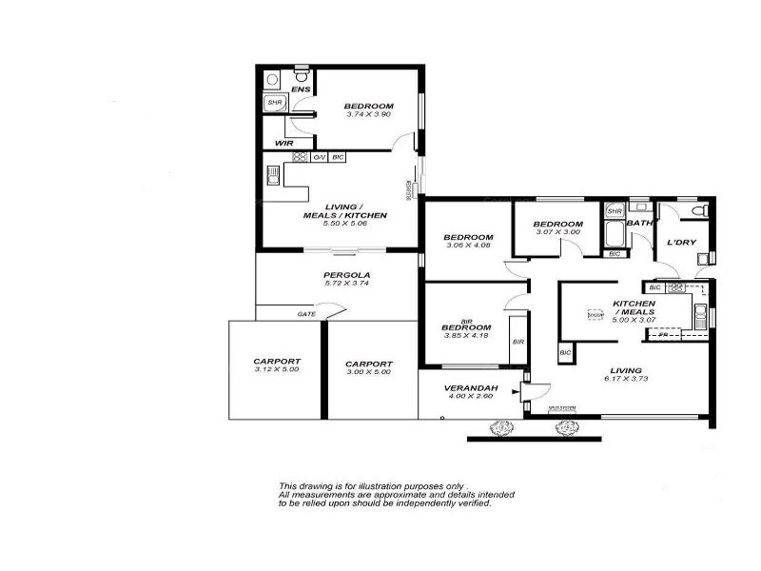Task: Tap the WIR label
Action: [283, 144]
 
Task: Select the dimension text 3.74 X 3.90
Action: [368, 114]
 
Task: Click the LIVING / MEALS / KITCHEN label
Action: [343, 211]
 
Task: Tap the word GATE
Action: [306, 314]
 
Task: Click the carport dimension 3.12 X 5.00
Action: [277, 369]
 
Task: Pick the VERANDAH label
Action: [467, 388]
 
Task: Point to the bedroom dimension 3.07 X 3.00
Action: [557, 232]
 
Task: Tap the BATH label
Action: [639, 224]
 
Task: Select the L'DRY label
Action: [681, 243]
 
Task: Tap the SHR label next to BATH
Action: [615, 211]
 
